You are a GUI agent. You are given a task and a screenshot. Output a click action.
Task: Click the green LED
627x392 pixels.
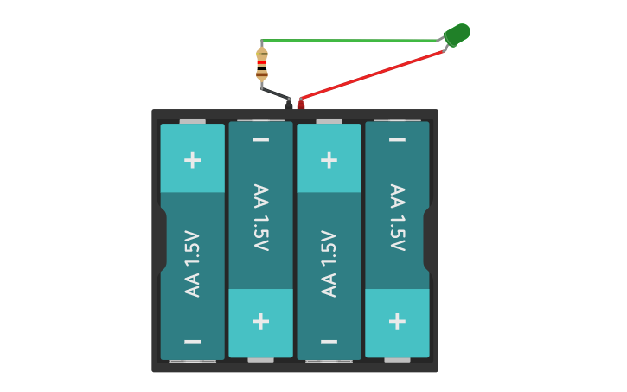457,35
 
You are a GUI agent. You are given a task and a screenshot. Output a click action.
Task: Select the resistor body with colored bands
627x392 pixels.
262,65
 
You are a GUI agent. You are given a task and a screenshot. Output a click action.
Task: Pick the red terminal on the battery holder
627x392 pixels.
301,104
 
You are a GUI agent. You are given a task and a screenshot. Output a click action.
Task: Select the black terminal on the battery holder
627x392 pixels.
289,104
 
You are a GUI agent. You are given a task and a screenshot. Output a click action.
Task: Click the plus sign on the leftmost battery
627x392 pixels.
193,160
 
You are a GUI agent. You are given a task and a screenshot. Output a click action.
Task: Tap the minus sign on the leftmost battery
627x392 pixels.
193,342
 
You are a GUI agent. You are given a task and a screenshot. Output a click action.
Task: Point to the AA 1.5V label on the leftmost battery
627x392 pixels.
193,264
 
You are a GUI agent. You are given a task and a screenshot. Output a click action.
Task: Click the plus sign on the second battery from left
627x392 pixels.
260,321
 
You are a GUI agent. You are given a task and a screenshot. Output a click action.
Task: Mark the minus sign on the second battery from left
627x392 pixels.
260,140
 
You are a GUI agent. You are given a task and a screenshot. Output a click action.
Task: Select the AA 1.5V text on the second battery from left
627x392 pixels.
260,217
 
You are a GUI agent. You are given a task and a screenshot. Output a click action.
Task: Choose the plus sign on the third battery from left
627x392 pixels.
329,160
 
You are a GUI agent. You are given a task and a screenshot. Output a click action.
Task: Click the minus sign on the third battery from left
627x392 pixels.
329,342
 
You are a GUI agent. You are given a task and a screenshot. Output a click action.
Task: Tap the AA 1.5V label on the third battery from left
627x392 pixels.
329,264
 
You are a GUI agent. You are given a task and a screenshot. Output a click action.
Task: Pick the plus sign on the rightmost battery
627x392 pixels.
397,321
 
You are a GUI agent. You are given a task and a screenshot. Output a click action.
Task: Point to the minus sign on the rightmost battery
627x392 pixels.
397,140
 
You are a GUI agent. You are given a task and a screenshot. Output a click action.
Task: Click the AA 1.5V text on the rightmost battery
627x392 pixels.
397,217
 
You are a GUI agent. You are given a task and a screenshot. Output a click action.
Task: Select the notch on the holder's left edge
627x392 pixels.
162,239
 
